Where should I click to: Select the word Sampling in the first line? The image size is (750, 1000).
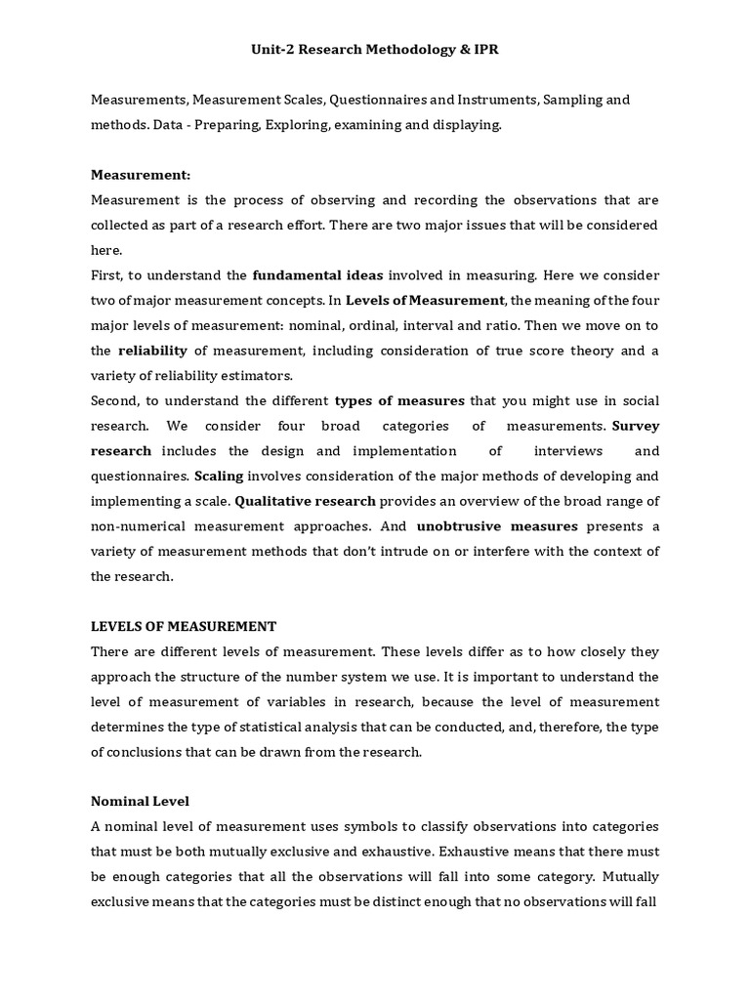tap(573, 100)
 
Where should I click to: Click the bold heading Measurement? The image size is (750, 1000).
tap(141, 175)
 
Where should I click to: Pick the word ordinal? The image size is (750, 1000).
tap(422, 325)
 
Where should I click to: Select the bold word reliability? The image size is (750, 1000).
tap(152, 351)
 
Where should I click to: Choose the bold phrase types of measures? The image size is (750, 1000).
tap(399, 400)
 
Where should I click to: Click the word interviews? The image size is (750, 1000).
tap(567, 451)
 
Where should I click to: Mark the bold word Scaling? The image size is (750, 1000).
tap(219, 476)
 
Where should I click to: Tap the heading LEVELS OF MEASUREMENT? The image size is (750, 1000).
tap(184, 626)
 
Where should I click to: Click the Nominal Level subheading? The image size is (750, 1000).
tap(140, 776)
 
